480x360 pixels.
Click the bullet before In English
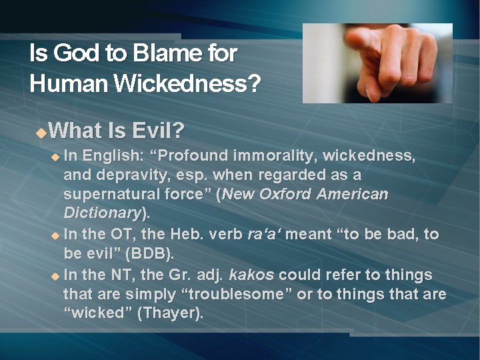coord(56,157)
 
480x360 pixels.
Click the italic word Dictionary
coord(102,213)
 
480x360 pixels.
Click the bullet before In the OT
coord(56,235)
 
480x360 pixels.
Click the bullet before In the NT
coord(56,275)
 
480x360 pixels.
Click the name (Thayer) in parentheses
coord(169,313)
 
